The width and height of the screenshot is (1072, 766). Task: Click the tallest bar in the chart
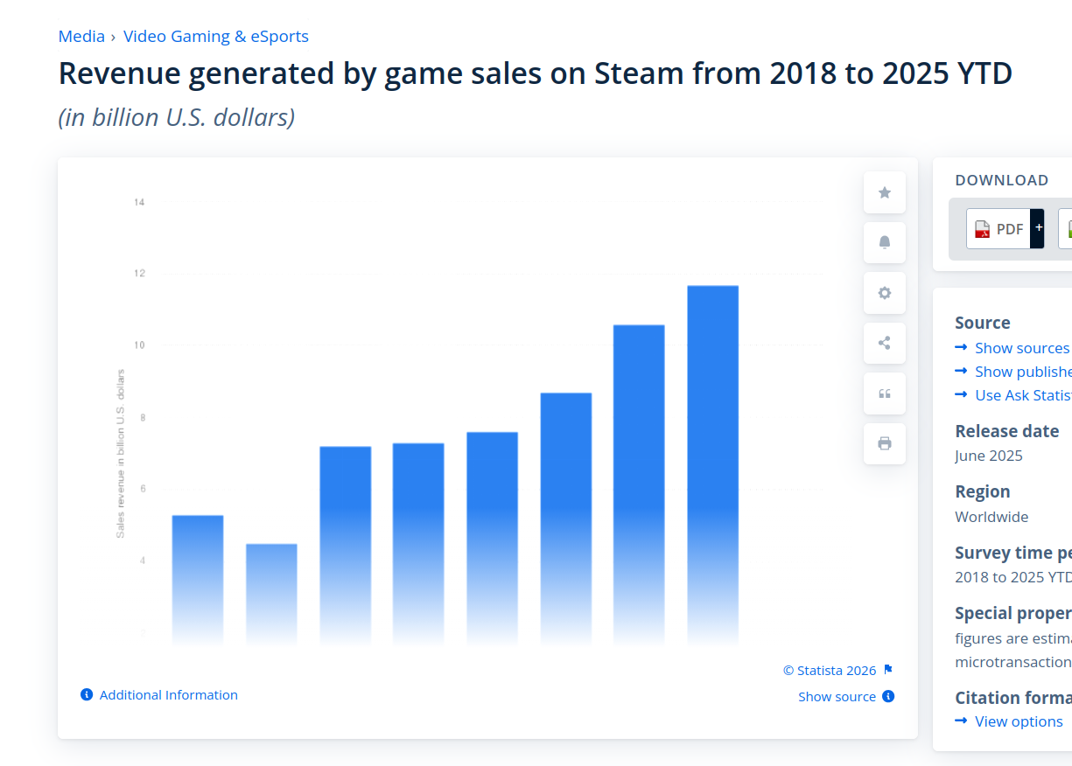tap(712, 463)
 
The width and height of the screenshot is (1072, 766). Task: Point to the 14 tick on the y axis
tap(139, 202)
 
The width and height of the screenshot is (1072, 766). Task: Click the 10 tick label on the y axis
tap(139, 345)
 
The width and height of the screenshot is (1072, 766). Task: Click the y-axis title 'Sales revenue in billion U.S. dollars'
tap(120, 453)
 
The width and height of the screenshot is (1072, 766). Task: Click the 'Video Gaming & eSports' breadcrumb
tap(215, 37)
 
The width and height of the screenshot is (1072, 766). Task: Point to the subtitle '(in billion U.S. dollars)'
tap(176, 117)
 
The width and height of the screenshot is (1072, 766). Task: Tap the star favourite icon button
tap(885, 192)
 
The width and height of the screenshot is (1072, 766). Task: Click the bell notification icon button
tap(885, 243)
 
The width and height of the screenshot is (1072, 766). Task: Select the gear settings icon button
tap(885, 293)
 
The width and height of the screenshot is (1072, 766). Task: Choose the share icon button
tap(885, 343)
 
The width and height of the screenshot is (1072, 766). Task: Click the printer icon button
tap(885, 443)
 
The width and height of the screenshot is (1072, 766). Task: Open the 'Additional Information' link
tap(168, 695)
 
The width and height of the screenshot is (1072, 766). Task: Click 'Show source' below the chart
tap(837, 697)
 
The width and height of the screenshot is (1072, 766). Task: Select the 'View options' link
tap(1019, 721)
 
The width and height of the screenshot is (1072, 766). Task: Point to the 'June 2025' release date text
tap(988, 456)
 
